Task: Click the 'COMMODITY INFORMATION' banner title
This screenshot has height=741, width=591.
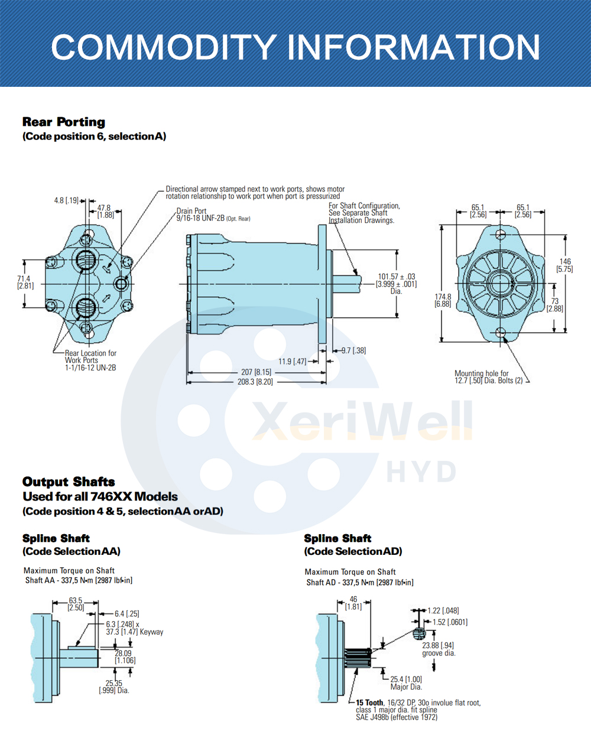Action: (x=295, y=47)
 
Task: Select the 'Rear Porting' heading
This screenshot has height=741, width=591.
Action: (x=64, y=122)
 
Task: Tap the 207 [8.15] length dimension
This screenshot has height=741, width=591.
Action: (x=256, y=372)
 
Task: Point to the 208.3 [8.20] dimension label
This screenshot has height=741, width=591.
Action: (x=255, y=382)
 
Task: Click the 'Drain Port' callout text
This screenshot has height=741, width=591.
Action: (x=191, y=211)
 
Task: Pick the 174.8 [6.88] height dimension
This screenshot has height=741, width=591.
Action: (x=443, y=300)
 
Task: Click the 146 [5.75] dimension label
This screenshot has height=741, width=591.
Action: (x=565, y=265)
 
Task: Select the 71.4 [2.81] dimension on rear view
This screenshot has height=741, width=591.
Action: (x=25, y=282)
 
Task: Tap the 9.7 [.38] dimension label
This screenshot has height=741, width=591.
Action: (x=353, y=350)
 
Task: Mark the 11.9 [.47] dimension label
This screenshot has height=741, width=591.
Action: (x=292, y=362)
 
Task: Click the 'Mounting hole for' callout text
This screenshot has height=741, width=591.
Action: (x=481, y=373)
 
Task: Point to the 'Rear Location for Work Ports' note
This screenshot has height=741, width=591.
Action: (x=90, y=357)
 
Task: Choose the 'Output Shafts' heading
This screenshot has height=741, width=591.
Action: (x=69, y=482)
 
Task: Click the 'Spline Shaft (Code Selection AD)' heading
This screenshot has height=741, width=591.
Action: (x=353, y=545)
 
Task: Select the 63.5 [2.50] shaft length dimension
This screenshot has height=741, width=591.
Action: (x=76, y=604)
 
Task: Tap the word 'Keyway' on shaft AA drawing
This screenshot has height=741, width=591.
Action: (x=151, y=632)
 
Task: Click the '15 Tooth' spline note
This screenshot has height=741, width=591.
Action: (x=369, y=703)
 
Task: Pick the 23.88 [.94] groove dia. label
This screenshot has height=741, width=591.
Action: (x=439, y=649)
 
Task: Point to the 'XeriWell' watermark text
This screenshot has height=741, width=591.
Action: (x=362, y=421)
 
